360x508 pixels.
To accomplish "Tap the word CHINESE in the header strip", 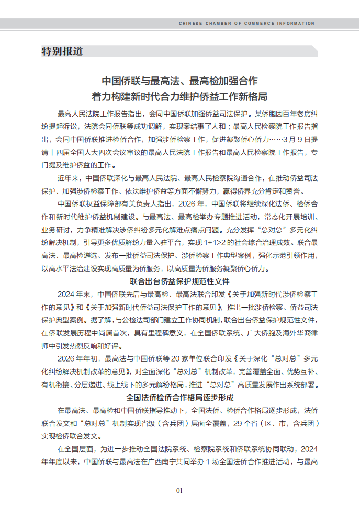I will [x=190, y=24].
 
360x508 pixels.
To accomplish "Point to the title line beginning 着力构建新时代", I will [x=179, y=97].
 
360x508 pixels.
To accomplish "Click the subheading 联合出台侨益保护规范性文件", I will [x=179, y=281].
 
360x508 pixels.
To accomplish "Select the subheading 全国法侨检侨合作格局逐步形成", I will [x=179, y=398].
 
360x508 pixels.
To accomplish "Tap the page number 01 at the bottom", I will [x=179, y=490].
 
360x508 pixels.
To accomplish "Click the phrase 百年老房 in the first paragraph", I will [x=294, y=114].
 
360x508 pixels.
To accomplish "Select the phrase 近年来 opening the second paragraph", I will [x=68, y=178].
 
